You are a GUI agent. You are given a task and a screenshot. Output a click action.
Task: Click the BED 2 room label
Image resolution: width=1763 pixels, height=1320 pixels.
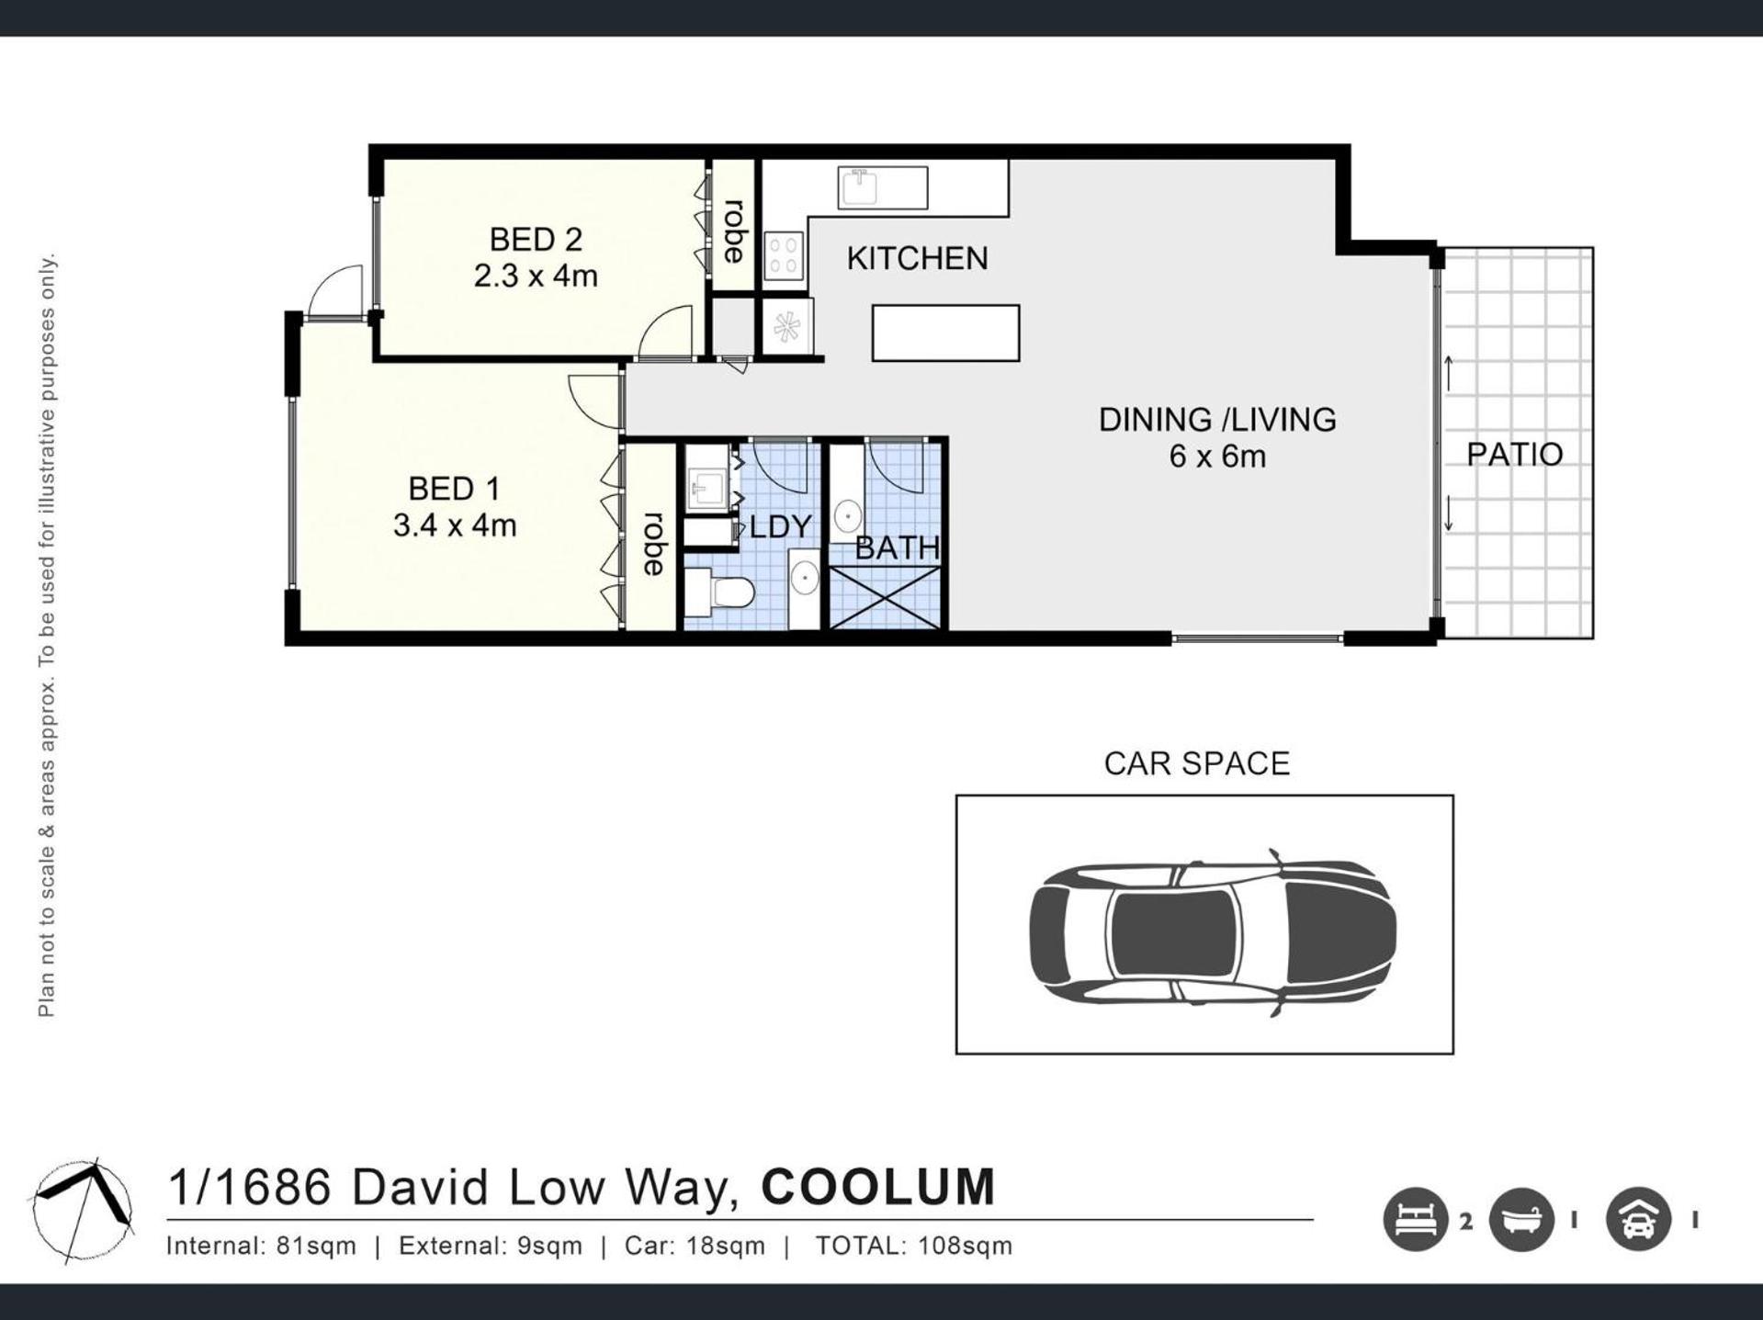coord(536,240)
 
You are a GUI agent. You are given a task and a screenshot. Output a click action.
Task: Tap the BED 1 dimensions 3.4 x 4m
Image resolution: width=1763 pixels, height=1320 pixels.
coord(455,525)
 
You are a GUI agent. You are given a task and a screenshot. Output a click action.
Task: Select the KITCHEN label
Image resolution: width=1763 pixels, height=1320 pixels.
coord(917,259)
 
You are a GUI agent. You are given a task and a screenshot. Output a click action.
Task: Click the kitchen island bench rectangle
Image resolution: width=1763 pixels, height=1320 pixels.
coord(945,333)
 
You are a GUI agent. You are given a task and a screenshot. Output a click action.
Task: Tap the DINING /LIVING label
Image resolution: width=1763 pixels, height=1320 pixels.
coord(1217,420)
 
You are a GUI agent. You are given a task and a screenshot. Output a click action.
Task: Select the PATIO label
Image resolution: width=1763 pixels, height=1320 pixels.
coord(1514,454)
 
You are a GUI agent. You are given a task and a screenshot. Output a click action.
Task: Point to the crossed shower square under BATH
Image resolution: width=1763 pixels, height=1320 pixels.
coord(886,598)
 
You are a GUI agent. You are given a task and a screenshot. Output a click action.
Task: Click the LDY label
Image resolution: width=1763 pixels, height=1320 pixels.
coord(781,527)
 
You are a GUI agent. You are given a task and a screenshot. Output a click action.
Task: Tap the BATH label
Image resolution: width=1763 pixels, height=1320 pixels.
coord(898,548)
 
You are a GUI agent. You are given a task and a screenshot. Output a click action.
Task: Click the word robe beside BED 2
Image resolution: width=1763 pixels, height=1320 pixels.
coord(734,231)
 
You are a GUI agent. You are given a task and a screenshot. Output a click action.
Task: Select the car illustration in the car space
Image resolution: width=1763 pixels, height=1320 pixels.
coord(1213,932)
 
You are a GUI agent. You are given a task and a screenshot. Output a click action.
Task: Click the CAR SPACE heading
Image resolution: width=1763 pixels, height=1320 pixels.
coord(1197,763)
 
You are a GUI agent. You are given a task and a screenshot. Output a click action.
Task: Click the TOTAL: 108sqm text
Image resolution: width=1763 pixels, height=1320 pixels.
coord(914,1246)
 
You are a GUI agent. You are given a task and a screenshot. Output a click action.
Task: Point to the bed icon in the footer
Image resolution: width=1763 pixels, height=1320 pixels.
coord(1415,1220)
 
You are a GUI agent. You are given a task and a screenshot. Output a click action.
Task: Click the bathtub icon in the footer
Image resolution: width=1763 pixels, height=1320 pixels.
coord(1521,1220)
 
